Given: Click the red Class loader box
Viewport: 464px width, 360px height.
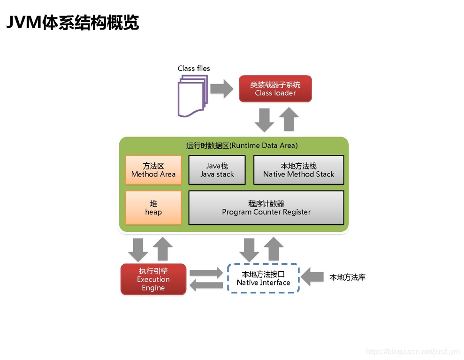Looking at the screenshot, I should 275,89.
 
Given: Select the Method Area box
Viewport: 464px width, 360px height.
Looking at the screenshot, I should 153,170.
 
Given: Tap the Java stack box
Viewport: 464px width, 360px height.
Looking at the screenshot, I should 217,170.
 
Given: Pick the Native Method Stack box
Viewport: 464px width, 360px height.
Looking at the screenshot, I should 298,170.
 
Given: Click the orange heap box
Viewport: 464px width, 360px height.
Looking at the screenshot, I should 153,207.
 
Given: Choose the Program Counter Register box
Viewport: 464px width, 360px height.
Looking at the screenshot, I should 266,207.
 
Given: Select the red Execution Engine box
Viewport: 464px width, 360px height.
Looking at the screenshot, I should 153,279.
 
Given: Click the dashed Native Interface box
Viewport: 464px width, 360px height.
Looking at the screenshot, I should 263,278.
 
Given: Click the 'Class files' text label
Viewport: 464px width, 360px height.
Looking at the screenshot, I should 194,69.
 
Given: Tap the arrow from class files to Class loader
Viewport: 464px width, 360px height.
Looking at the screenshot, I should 221,88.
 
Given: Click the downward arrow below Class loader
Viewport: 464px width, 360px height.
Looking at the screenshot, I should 264,120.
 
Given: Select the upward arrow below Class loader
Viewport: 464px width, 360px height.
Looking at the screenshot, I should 289,119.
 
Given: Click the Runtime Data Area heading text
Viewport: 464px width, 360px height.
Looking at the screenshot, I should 242,146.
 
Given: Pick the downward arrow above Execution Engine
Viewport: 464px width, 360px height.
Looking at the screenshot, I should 138,249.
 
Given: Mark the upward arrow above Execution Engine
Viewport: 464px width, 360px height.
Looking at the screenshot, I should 163,249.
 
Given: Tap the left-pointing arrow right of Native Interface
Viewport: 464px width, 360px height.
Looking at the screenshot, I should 312,277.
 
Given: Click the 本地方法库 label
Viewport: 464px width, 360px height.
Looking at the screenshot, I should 347,277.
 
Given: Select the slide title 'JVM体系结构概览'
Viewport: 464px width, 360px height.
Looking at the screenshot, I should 73,22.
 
